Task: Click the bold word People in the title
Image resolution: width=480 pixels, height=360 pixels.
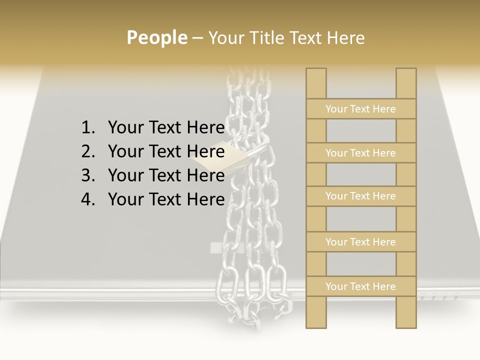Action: [156, 37]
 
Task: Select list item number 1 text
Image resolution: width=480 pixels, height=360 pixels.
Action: [166, 128]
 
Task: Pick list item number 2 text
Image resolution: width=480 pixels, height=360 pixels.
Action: [166, 151]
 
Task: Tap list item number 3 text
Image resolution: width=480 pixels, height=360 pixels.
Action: [166, 175]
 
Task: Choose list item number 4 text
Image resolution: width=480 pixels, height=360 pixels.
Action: [166, 199]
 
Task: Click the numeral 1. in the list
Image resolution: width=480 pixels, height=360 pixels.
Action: [88, 128]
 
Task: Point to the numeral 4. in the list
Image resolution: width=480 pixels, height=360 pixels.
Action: [88, 199]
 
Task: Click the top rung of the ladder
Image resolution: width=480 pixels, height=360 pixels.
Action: [360, 109]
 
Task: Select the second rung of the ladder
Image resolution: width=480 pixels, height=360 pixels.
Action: [360, 153]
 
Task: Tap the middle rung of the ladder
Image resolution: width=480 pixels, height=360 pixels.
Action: [360, 196]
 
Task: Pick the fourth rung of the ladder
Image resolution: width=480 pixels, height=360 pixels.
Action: [360, 242]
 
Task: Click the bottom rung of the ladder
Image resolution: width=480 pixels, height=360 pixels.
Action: [360, 286]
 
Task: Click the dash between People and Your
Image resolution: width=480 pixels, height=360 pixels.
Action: [197, 38]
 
